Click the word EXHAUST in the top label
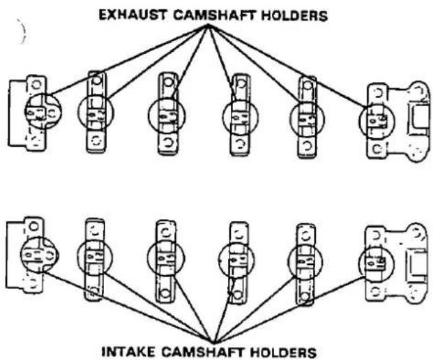pyautogui.click(x=132, y=15)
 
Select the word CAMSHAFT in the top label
pyautogui.click(x=214, y=15)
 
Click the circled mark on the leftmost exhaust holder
pyautogui.click(x=42, y=111)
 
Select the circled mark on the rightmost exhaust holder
pyautogui.click(x=377, y=120)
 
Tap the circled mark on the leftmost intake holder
pyautogui.click(x=39, y=255)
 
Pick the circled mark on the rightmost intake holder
pyautogui.click(x=376, y=263)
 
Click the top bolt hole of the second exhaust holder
pyautogui.click(x=97, y=81)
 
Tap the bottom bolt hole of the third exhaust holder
pyautogui.click(x=167, y=142)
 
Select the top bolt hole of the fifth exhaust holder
pyautogui.click(x=306, y=86)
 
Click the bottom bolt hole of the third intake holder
pyautogui.click(x=165, y=293)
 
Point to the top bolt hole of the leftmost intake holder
pyautogui.click(x=34, y=227)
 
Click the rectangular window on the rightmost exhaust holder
pyautogui.click(x=419, y=116)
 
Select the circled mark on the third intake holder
pyautogui.click(x=165, y=257)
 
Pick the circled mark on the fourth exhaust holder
pyautogui.click(x=240, y=117)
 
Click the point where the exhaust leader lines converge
pyautogui.click(x=208, y=25)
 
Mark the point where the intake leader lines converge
pyautogui.click(x=212, y=343)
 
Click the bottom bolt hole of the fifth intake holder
pyautogui.click(x=305, y=296)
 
